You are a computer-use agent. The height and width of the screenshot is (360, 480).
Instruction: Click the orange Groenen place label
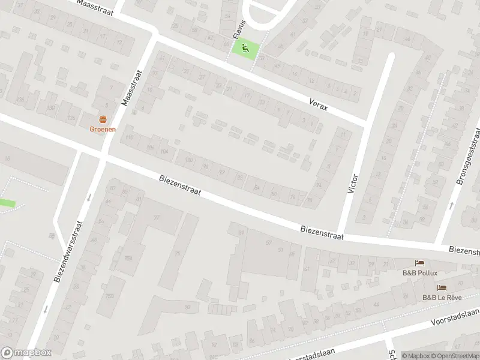[103, 128]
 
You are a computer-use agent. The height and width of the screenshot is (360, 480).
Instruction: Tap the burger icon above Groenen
[103, 119]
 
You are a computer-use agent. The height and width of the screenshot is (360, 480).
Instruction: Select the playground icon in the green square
[244, 48]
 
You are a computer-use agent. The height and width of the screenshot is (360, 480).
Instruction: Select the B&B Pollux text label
[420, 272]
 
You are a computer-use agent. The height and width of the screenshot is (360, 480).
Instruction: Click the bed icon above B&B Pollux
[420, 263]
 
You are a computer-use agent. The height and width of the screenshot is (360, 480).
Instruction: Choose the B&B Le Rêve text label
[442, 297]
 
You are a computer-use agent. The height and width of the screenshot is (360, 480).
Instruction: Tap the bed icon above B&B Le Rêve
[442, 288]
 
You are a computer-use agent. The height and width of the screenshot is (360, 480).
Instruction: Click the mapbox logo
[26, 353]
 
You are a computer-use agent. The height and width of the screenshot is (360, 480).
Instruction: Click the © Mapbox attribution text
[416, 356]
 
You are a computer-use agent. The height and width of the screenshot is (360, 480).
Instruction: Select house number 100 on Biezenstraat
[190, 159]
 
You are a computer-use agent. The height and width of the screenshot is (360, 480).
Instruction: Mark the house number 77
[157, 217]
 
